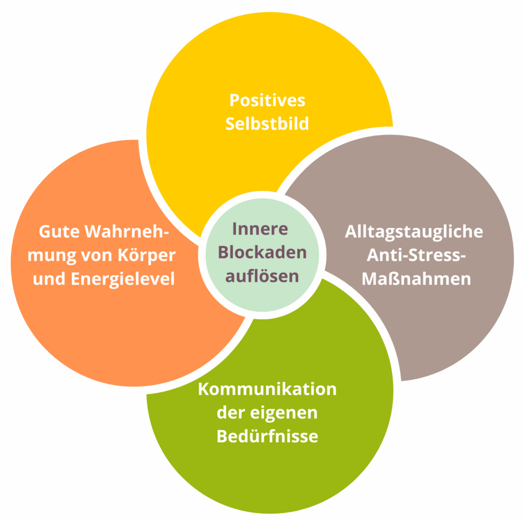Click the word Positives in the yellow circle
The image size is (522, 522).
[267, 100]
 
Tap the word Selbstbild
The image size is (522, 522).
[267, 124]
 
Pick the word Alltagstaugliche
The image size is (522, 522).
[413, 231]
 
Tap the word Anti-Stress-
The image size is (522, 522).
[413, 255]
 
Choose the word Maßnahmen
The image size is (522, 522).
[413, 279]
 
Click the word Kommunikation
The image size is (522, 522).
[267, 389]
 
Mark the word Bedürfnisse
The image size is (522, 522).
[267, 437]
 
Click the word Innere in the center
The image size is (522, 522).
[261, 229]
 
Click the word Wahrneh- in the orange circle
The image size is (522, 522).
[126, 231]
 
